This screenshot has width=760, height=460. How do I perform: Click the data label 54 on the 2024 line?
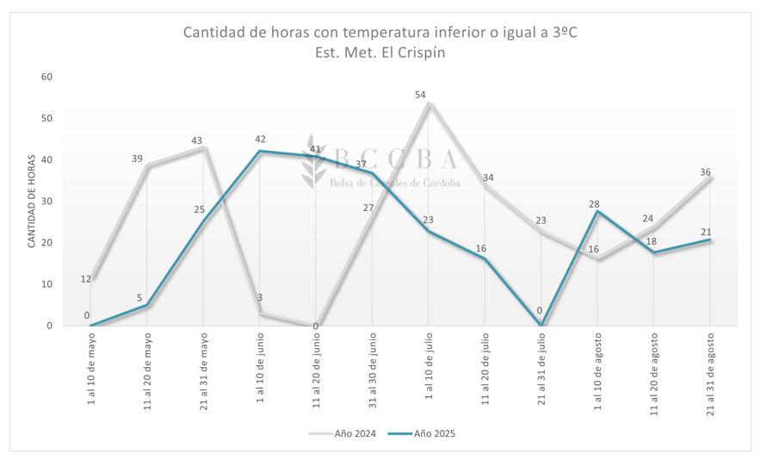coord(421,95)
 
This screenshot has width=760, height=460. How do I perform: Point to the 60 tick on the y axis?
coord(47,77)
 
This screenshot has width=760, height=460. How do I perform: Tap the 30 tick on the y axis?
coord(47,202)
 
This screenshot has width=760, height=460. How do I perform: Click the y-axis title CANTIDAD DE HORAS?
coord(31,202)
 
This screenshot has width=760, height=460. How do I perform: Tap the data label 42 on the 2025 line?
coord(260,140)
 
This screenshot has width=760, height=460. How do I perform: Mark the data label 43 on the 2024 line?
coord(196,140)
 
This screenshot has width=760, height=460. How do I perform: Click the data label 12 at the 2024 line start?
coord(86,278)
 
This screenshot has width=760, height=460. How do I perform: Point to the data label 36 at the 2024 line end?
coord(705,172)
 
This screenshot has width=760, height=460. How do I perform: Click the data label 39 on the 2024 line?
coord(138,159)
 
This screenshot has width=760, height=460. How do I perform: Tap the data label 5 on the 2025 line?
coord(139,298)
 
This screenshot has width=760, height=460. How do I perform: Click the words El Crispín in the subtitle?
coord(417,52)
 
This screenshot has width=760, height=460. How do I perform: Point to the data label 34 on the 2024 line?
coord(488,178)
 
